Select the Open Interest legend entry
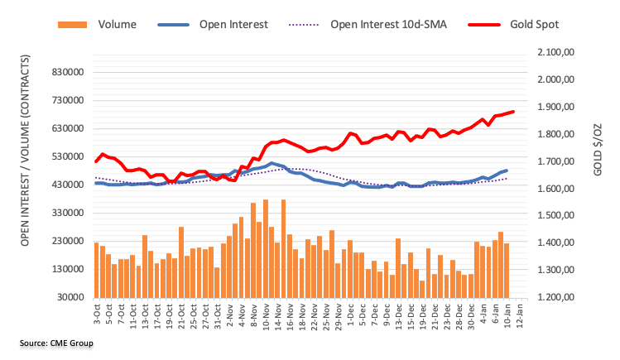233,24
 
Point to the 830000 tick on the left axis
65,72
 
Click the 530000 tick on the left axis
65,156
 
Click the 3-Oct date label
97,314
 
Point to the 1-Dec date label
351,314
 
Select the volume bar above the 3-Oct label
96,270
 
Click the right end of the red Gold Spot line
513,112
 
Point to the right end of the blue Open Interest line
506,170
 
